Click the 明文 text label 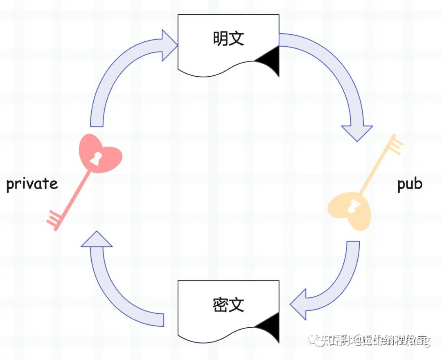[228, 39]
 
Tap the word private [32, 184]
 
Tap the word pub [409, 184]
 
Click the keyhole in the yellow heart [352, 207]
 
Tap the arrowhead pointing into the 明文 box [169, 45]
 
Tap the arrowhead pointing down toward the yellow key [357, 133]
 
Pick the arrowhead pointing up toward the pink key [97, 240]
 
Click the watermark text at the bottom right [370, 340]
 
